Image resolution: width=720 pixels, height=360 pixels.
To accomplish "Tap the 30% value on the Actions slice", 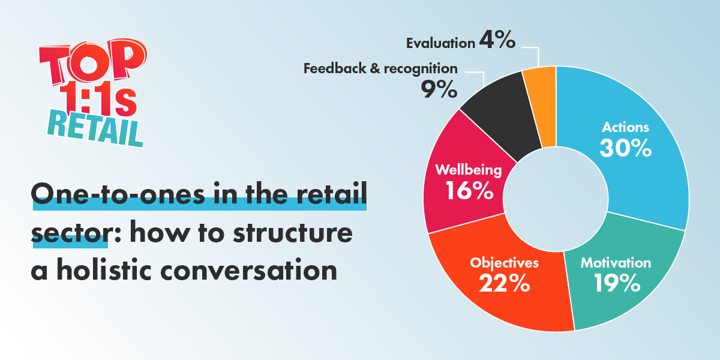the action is tap(625, 148).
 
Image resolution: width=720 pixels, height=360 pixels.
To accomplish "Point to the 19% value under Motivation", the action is tap(617, 283).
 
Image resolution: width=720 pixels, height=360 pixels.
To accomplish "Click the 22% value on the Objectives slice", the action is tap(505, 283).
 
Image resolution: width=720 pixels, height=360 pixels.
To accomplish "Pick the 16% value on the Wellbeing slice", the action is tap(469, 191).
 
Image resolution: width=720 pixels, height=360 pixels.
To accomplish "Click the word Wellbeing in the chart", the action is tap(469, 170).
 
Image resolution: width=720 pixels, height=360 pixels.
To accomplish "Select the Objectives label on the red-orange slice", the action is tap(504, 263).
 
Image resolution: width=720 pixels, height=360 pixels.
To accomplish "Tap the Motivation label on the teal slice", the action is tap(616, 263).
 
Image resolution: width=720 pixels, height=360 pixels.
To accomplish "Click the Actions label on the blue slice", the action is tap(625, 127).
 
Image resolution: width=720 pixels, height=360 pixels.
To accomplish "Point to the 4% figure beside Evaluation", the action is tap(497, 40).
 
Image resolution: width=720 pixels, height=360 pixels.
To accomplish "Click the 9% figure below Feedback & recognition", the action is tap(439, 89).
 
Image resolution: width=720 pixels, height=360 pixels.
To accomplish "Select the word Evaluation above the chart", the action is tap(440, 43).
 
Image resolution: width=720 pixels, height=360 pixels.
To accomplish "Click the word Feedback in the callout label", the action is tap(335, 68).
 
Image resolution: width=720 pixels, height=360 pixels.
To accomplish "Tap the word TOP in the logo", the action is tap(92, 62).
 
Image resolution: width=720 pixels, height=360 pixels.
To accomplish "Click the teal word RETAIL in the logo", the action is tap(95, 128).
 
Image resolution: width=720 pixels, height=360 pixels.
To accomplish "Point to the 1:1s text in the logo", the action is tap(98, 98).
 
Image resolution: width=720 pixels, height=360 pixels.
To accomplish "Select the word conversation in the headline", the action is tap(248, 270).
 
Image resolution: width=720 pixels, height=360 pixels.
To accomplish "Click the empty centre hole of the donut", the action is tap(556, 199).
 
